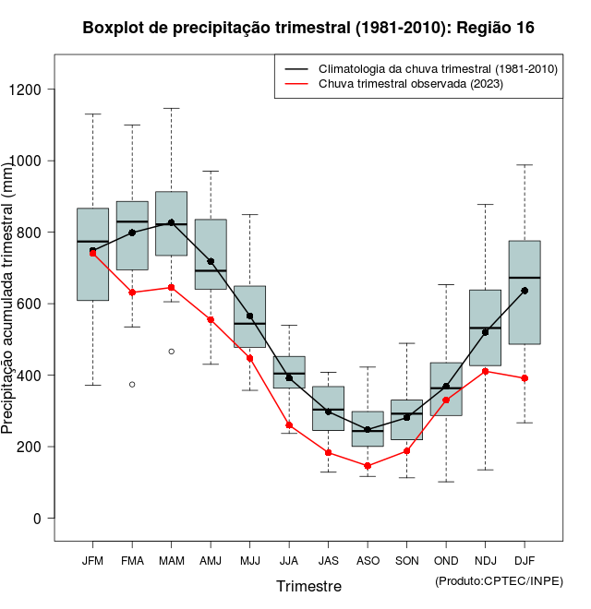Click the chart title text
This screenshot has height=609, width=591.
tap(308, 28)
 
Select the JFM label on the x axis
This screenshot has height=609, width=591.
tap(92, 561)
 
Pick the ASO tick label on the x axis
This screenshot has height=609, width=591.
tap(368, 561)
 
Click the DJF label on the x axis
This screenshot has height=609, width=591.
tap(525, 561)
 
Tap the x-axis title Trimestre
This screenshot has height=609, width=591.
tap(308, 586)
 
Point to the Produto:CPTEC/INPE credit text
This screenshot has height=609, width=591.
tap(499, 580)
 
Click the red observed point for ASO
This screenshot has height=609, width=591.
tap(368, 466)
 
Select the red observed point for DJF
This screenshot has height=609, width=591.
tap(525, 378)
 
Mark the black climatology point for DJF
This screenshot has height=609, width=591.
tap(525, 291)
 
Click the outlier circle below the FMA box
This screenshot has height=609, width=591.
tap(132, 384)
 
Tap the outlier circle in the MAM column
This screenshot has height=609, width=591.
tap(171, 352)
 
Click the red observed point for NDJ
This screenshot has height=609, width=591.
tap(486, 371)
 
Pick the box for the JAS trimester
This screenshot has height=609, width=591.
tap(328, 408)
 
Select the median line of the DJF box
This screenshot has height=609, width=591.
tap(525, 278)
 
